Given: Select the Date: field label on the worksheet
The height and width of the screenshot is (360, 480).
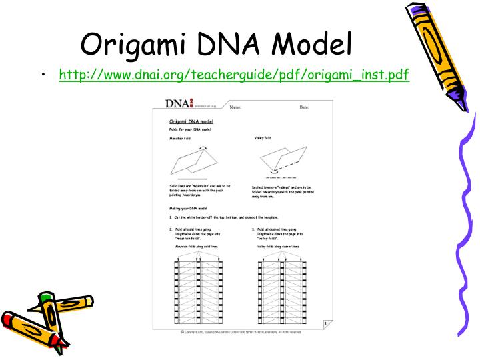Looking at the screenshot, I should tap(304, 107).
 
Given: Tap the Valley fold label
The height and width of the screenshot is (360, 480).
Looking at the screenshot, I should tap(263, 138).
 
